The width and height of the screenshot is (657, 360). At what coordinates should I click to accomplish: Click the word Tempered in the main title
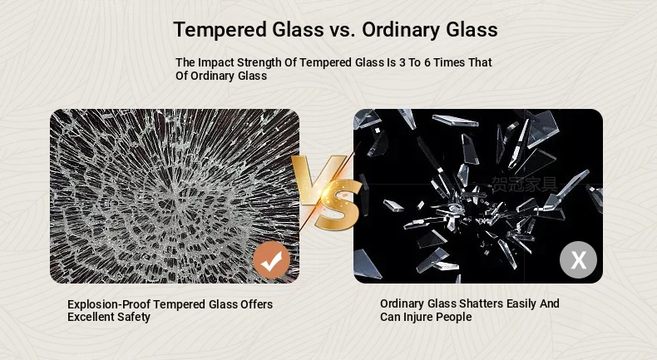click(220, 30)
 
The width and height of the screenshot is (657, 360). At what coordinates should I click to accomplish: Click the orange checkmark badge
click(271, 260)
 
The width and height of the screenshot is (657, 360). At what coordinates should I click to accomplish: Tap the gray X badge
click(578, 260)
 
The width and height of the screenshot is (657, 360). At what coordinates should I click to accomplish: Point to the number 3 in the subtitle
click(403, 62)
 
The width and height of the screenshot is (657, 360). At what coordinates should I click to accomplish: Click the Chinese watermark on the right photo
click(526, 185)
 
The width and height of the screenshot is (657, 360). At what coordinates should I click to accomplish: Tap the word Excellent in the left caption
click(91, 318)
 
